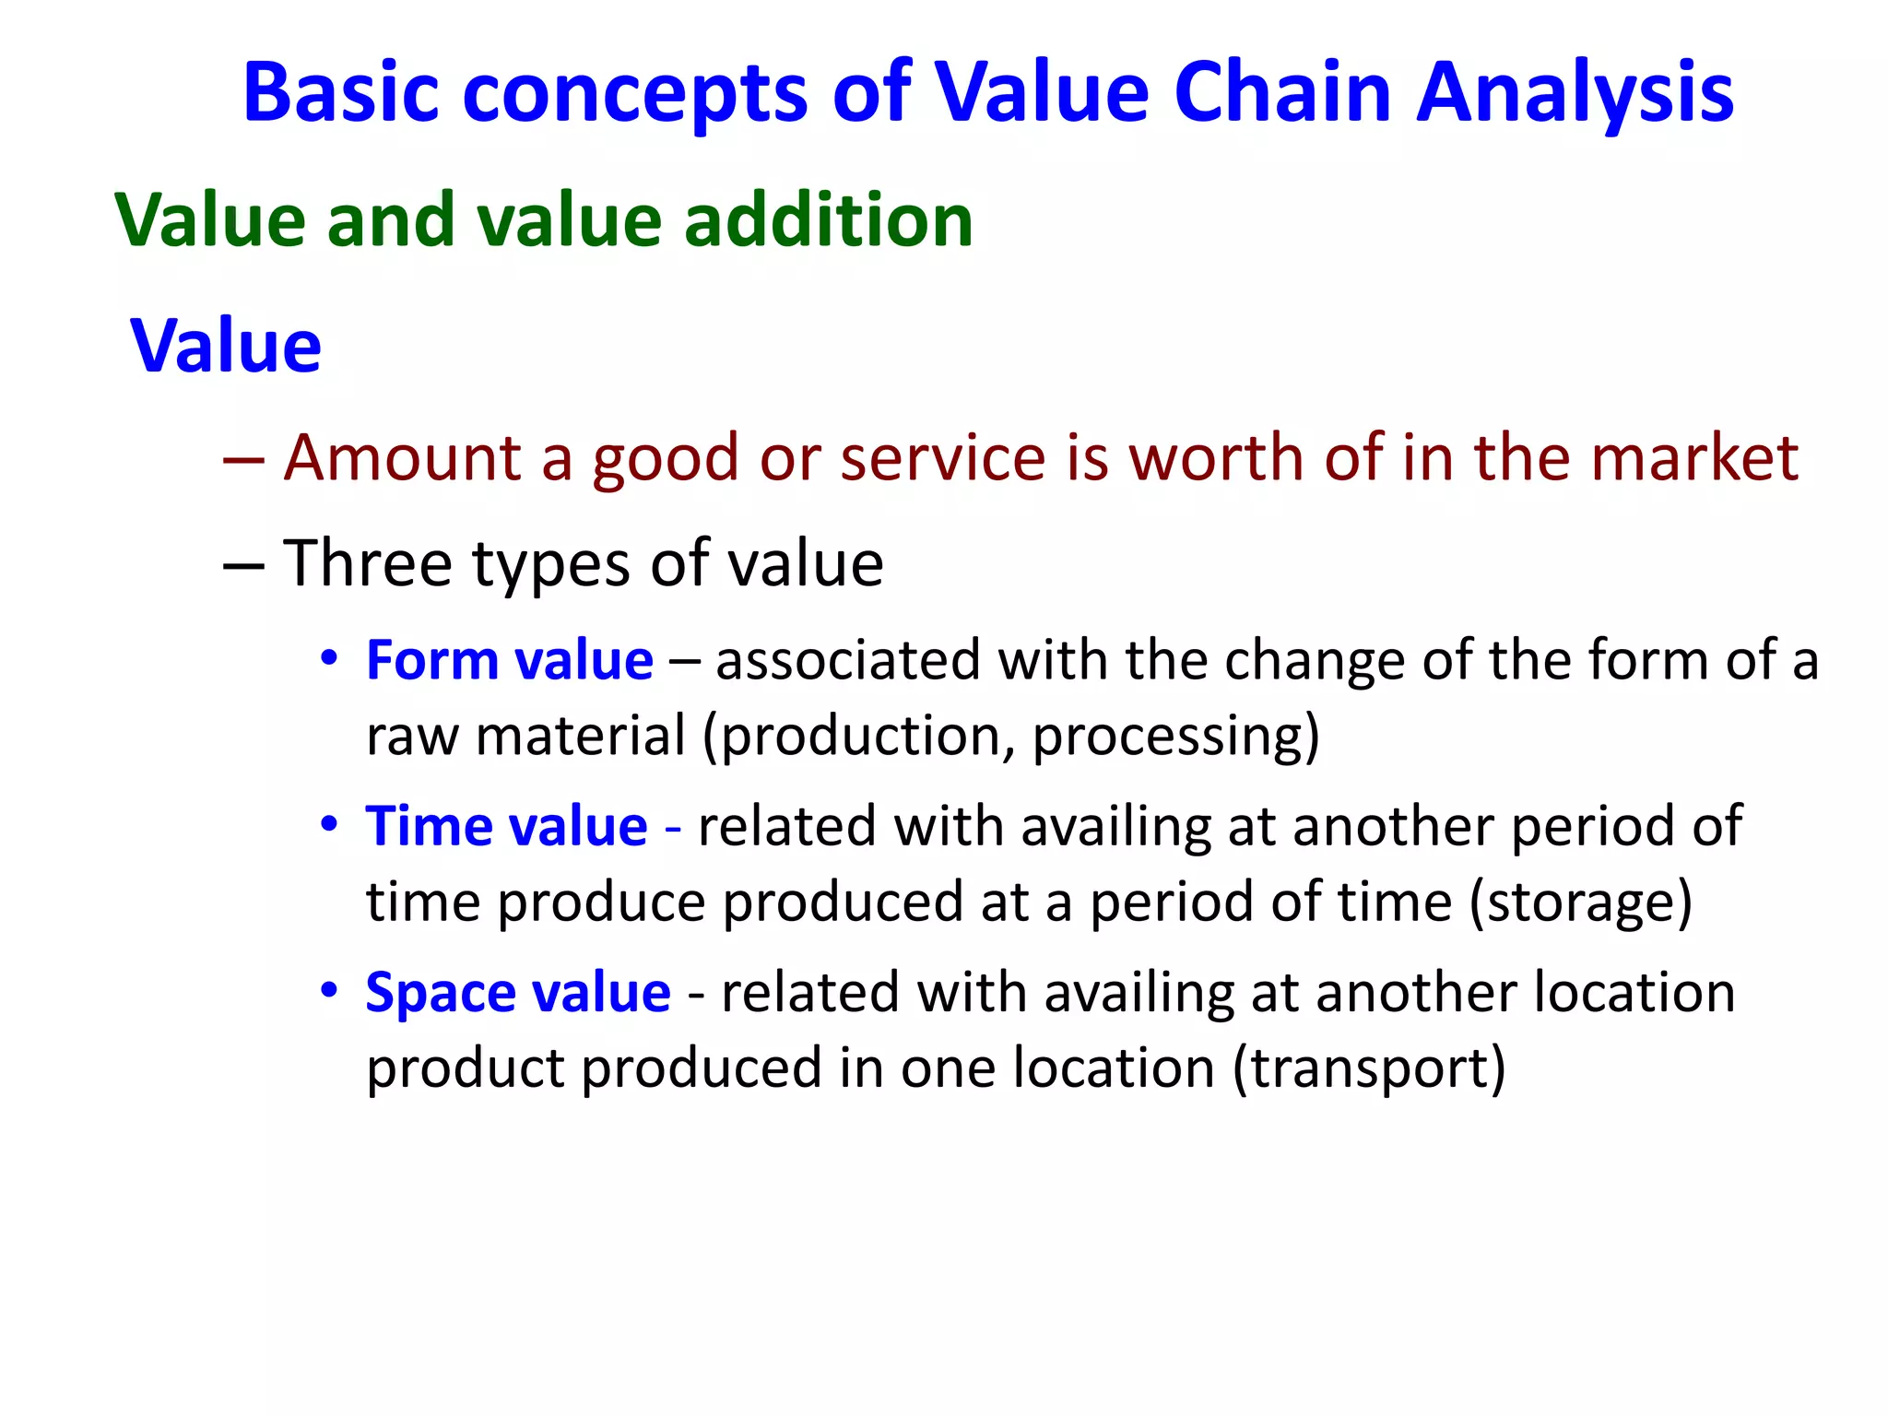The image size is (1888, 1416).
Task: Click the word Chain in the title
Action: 1282,92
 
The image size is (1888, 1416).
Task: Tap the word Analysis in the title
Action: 1575,92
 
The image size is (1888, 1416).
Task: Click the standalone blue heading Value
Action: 226,346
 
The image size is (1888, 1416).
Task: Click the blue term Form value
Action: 510,661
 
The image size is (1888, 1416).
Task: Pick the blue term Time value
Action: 507,826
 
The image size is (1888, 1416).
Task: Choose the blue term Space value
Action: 518,994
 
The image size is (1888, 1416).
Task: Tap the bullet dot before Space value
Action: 329,991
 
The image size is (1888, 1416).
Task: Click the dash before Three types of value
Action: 244,565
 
